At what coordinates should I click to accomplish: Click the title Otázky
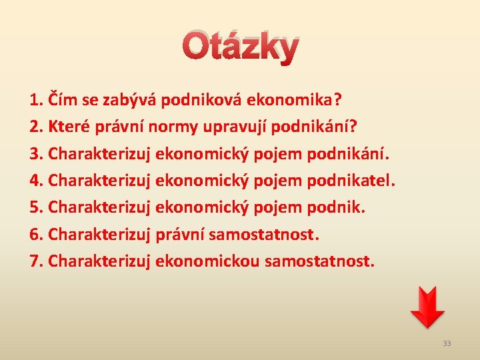coord(240,47)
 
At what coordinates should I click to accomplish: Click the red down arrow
coord(427,307)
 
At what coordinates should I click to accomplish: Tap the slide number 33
coord(447,343)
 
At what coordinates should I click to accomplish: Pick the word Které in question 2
coord(70,127)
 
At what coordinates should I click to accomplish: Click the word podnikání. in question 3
coord(347,154)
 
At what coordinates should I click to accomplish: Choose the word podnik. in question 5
coord(336,207)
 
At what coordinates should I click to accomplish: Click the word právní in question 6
coord(179,234)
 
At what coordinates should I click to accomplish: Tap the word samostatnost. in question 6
coord(264,234)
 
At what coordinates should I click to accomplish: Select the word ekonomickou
coord(207,261)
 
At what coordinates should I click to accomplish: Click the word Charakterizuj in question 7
coord(99,261)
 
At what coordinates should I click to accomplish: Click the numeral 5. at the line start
coord(37,207)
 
